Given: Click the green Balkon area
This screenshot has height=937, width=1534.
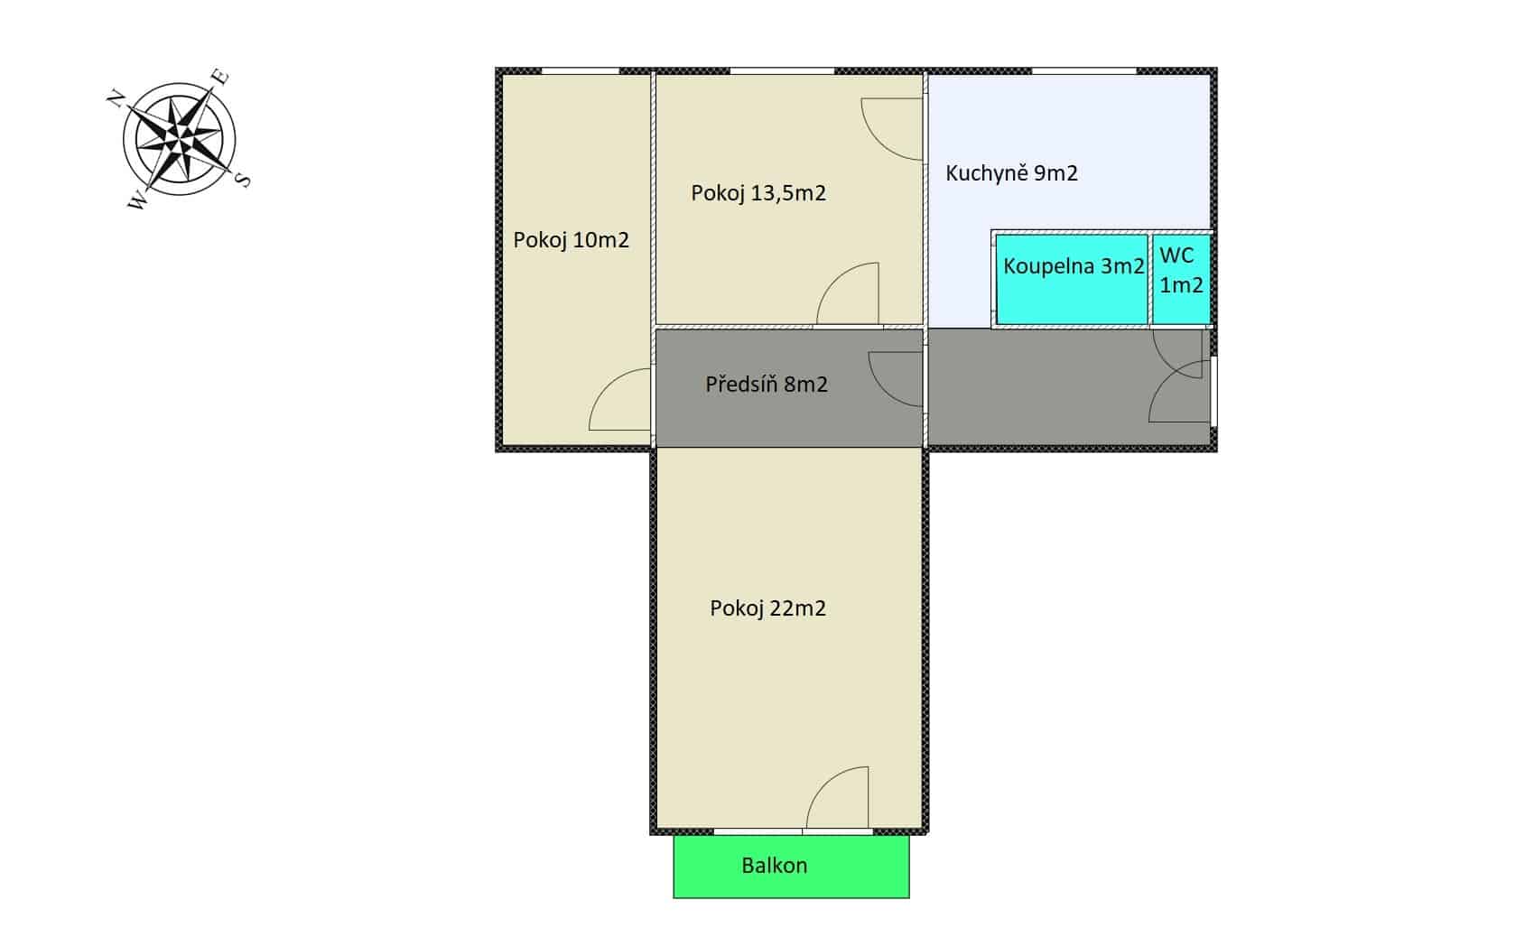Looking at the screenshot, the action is pyautogui.click(x=791, y=867).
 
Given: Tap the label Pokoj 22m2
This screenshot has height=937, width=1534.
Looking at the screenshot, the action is pyautogui.click(x=767, y=608).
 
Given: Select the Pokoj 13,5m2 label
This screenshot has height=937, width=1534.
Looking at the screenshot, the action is pyautogui.click(x=758, y=193).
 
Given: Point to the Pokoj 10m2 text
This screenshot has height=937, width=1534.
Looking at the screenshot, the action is pyautogui.click(x=572, y=239).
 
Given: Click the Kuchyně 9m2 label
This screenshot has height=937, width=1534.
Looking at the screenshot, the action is pyautogui.click(x=1011, y=173).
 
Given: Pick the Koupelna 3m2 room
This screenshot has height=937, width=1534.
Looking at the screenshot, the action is pyautogui.click(x=1072, y=279).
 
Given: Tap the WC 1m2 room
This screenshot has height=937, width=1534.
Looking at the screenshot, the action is pyautogui.click(x=1181, y=279).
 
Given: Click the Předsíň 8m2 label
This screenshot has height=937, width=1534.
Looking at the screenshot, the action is pyautogui.click(x=767, y=384).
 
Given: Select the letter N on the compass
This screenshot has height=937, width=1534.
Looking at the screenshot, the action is pyautogui.click(x=116, y=98).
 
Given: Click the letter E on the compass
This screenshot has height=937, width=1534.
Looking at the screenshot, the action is pyautogui.click(x=219, y=77).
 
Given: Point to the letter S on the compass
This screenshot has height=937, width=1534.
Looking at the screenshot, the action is pyautogui.click(x=243, y=180).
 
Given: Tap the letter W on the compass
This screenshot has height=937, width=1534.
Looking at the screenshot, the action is pyautogui.click(x=137, y=201).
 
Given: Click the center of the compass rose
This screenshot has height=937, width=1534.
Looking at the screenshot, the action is pyautogui.click(x=180, y=139).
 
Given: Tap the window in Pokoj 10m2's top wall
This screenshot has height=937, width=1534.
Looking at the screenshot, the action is pyautogui.click(x=581, y=70).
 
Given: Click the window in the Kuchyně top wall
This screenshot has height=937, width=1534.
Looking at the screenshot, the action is pyautogui.click(x=1084, y=70).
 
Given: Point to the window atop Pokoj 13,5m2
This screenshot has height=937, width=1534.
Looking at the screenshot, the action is pyautogui.click(x=782, y=70).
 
